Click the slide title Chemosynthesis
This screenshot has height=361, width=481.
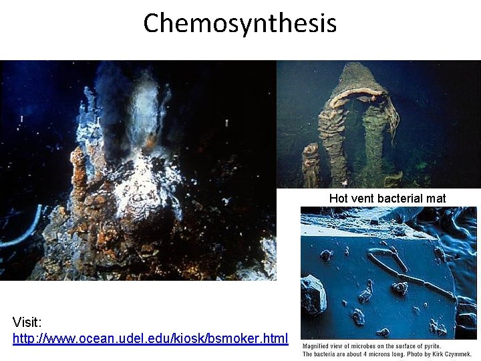[x=240, y=23]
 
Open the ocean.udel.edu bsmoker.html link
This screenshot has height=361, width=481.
[x=150, y=338]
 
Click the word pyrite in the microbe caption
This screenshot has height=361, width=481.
[x=430, y=346]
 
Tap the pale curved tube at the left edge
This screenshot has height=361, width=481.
[x=20, y=227]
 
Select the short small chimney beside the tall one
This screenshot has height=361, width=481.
[x=310, y=164]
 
